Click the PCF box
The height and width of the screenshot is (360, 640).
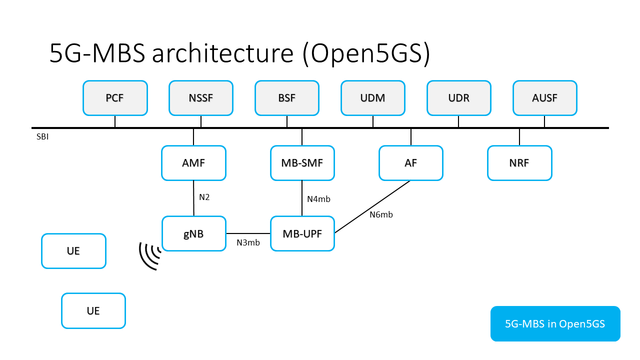[x=115, y=98]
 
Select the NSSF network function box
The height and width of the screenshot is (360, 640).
[x=201, y=98]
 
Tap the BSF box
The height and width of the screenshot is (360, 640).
[x=287, y=98]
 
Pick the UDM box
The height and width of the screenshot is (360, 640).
[x=373, y=98]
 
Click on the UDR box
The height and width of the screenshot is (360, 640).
[x=459, y=98]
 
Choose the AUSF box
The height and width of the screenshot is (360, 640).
[x=545, y=98]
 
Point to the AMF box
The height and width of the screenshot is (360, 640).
[x=193, y=163]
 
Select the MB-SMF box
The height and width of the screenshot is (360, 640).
[x=302, y=163]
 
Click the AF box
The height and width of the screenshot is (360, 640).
[x=411, y=163]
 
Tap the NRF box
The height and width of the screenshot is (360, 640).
[x=519, y=163]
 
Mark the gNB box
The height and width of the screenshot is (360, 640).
[x=193, y=233]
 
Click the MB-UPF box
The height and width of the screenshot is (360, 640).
[x=302, y=233]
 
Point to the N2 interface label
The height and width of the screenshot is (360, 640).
[x=204, y=197]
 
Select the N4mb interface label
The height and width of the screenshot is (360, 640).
[x=318, y=199]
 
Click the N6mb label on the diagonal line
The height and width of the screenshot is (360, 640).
[x=381, y=214]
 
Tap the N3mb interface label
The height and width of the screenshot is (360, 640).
[x=248, y=242]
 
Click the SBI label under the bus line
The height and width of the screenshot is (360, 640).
[x=42, y=136]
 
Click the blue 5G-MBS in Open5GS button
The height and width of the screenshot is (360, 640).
[x=555, y=323]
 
